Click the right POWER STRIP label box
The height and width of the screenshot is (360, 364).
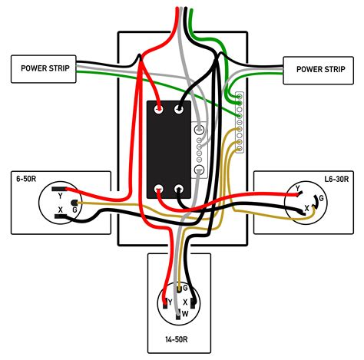point(320,68)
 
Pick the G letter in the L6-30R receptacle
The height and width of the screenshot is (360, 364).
point(320,198)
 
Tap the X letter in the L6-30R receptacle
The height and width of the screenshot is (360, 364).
point(306,208)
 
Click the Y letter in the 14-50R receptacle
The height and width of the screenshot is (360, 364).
point(170,302)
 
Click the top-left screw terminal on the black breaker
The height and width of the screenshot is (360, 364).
point(160,111)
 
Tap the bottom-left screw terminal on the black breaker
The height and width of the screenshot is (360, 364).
point(160,190)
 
